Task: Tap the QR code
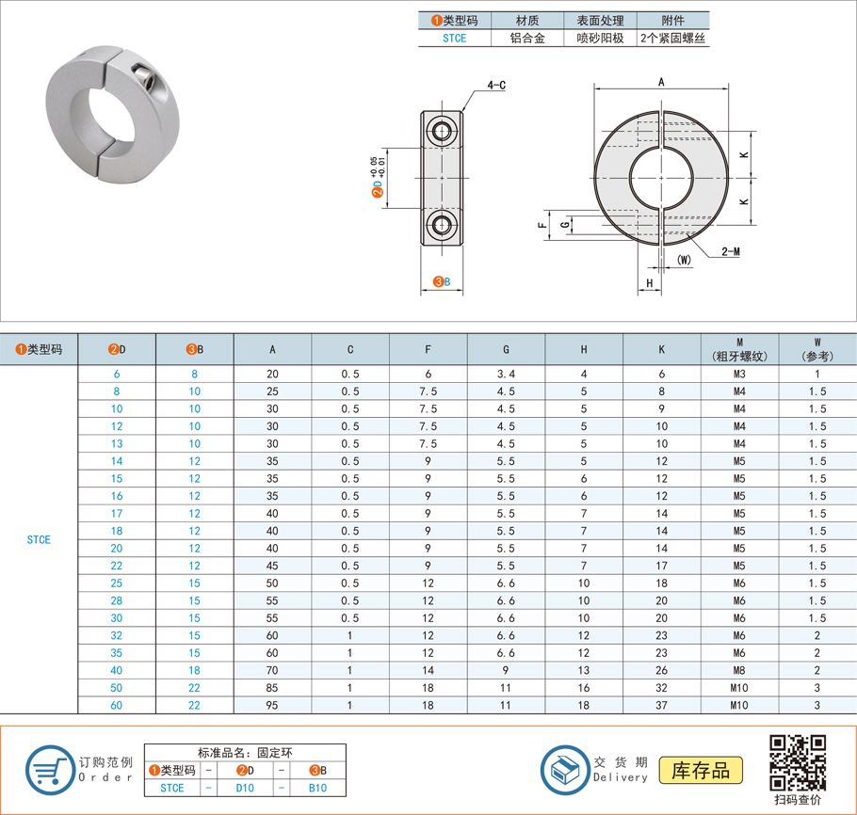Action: pos(798,763)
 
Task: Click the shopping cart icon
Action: pos(50,770)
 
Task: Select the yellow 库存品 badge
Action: pos(701,770)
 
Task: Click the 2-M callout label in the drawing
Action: pos(731,252)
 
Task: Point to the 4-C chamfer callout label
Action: pos(496,86)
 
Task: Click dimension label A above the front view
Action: pos(661,82)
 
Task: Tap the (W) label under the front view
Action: pos(684,260)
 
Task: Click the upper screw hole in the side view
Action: pos(441,131)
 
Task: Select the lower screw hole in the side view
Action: pos(441,224)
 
